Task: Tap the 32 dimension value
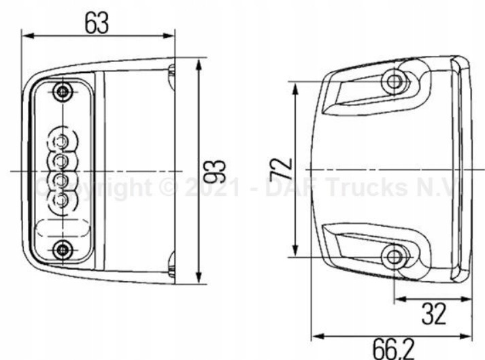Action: pos(433,314)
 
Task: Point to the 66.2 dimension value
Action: pos(392,349)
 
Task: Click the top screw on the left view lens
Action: pos(63,91)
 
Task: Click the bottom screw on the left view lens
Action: pos(63,250)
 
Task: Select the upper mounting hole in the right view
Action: pos(393,82)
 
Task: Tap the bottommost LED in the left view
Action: pos(61,200)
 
